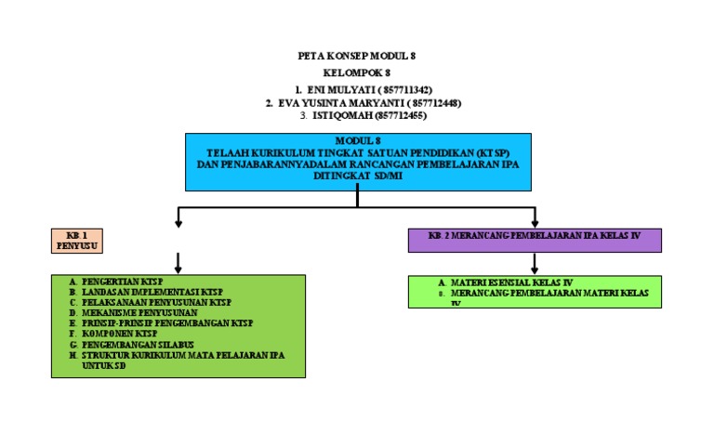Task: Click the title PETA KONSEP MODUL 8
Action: pyautogui.click(x=356, y=57)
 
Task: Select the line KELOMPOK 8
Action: pyautogui.click(x=356, y=72)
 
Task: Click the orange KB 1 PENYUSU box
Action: pyautogui.click(x=76, y=241)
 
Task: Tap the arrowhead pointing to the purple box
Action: pyautogui.click(x=534, y=221)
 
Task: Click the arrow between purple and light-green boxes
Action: pyautogui.click(x=534, y=263)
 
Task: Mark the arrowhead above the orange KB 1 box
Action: pyautogui.click(x=178, y=222)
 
